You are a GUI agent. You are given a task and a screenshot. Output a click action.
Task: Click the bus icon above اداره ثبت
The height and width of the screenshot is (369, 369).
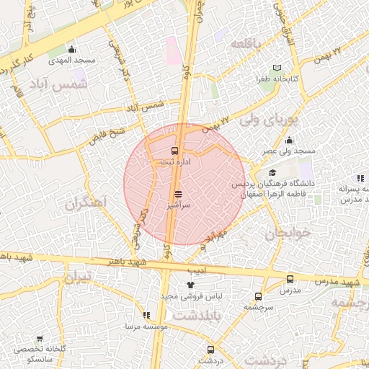pos(175,151)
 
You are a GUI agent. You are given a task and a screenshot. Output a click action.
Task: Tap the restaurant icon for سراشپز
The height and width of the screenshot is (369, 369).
pos(178,194)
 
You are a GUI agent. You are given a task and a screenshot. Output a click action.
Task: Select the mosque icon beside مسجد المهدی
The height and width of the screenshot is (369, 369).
pos(71,50)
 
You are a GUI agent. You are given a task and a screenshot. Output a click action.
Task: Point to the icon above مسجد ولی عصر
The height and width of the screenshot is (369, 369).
pos(289,140)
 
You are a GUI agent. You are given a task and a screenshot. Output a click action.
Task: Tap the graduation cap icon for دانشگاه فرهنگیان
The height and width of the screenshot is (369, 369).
pos(273,173)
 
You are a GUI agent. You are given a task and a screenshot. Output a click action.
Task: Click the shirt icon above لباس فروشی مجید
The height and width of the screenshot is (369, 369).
pos(190,285)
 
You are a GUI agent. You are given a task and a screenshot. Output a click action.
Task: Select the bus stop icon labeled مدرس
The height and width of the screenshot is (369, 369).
pos(290,279)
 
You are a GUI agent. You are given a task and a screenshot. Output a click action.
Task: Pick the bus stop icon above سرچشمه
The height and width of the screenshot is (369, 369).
pos(258,296)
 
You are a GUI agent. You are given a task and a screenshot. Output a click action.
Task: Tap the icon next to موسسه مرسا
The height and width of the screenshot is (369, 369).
pos(147,315)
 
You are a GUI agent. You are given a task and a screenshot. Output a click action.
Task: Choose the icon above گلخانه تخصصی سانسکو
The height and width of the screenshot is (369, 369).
pos(39,339)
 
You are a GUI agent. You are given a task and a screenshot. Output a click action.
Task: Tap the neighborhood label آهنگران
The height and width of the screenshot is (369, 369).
pos(85,204)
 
